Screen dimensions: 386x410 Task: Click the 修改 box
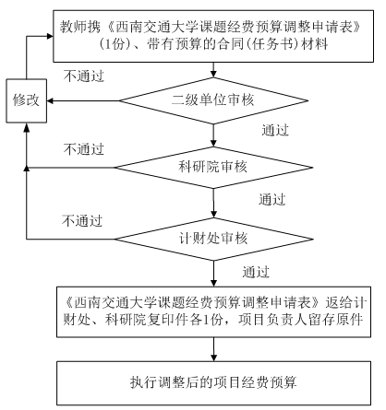click(27, 100)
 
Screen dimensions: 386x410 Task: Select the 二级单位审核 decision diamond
click(213, 100)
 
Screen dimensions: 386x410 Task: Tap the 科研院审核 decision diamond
click(213, 168)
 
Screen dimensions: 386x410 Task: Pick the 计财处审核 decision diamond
click(213, 239)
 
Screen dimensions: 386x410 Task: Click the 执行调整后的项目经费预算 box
click(213, 383)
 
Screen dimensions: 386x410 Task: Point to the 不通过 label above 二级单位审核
click(84, 76)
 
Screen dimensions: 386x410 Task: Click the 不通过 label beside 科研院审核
click(84, 149)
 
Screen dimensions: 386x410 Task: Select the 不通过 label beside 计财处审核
click(82, 221)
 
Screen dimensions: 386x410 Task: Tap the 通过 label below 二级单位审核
click(275, 130)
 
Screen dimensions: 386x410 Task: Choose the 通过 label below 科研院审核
click(272, 199)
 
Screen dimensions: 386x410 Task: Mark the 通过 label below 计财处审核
click(256, 272)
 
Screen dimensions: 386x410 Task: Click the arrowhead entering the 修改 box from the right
click(50, 100)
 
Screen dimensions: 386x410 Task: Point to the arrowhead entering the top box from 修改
click(50, 36)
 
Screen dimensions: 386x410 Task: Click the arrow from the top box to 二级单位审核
click(213, 70)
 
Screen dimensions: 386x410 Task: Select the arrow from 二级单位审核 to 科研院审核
click(213, 135)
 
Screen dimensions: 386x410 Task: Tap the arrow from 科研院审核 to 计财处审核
click(213, 203)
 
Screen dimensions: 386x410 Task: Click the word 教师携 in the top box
click(80, 27)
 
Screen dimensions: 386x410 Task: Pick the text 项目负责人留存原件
click(301, 320)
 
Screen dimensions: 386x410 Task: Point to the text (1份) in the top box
click(115, 44)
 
